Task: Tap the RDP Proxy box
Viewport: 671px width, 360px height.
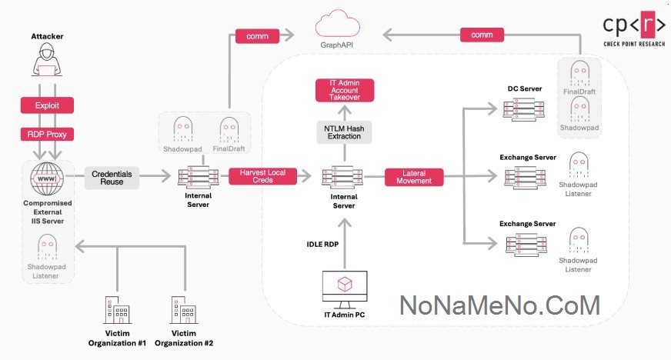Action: tap(46, 134)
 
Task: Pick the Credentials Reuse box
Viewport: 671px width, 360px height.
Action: tap(112, 178)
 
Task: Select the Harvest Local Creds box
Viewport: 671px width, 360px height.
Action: tap(263, 177)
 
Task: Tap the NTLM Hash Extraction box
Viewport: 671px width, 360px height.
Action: tap(344, 132)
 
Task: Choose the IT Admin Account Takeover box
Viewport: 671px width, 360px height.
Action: tap(344, 91)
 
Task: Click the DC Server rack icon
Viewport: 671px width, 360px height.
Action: tap(519, 112)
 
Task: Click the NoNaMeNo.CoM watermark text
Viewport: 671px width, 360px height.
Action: tap(499, 305)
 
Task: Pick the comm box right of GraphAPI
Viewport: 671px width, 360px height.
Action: tap(482, 35)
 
